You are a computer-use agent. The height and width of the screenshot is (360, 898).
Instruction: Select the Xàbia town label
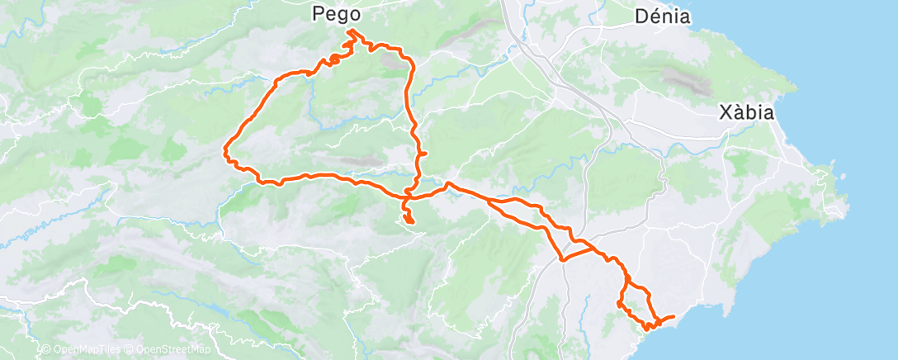tap(746, 112)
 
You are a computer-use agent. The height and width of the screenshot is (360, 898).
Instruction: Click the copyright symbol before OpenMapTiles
tap(45, 350)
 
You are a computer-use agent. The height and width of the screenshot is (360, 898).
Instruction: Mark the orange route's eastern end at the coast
tap(673, 316)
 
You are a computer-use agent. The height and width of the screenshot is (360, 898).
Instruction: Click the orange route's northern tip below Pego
tap(350, 31)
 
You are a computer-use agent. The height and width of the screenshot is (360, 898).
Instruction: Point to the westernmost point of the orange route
tap(225, 149)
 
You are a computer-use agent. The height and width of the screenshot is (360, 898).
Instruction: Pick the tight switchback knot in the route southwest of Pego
tap(335, 59)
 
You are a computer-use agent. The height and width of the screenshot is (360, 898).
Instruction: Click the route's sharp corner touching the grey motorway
tap(563, 260)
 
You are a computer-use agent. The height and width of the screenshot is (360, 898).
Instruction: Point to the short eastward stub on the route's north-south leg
tap(423, 154)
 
